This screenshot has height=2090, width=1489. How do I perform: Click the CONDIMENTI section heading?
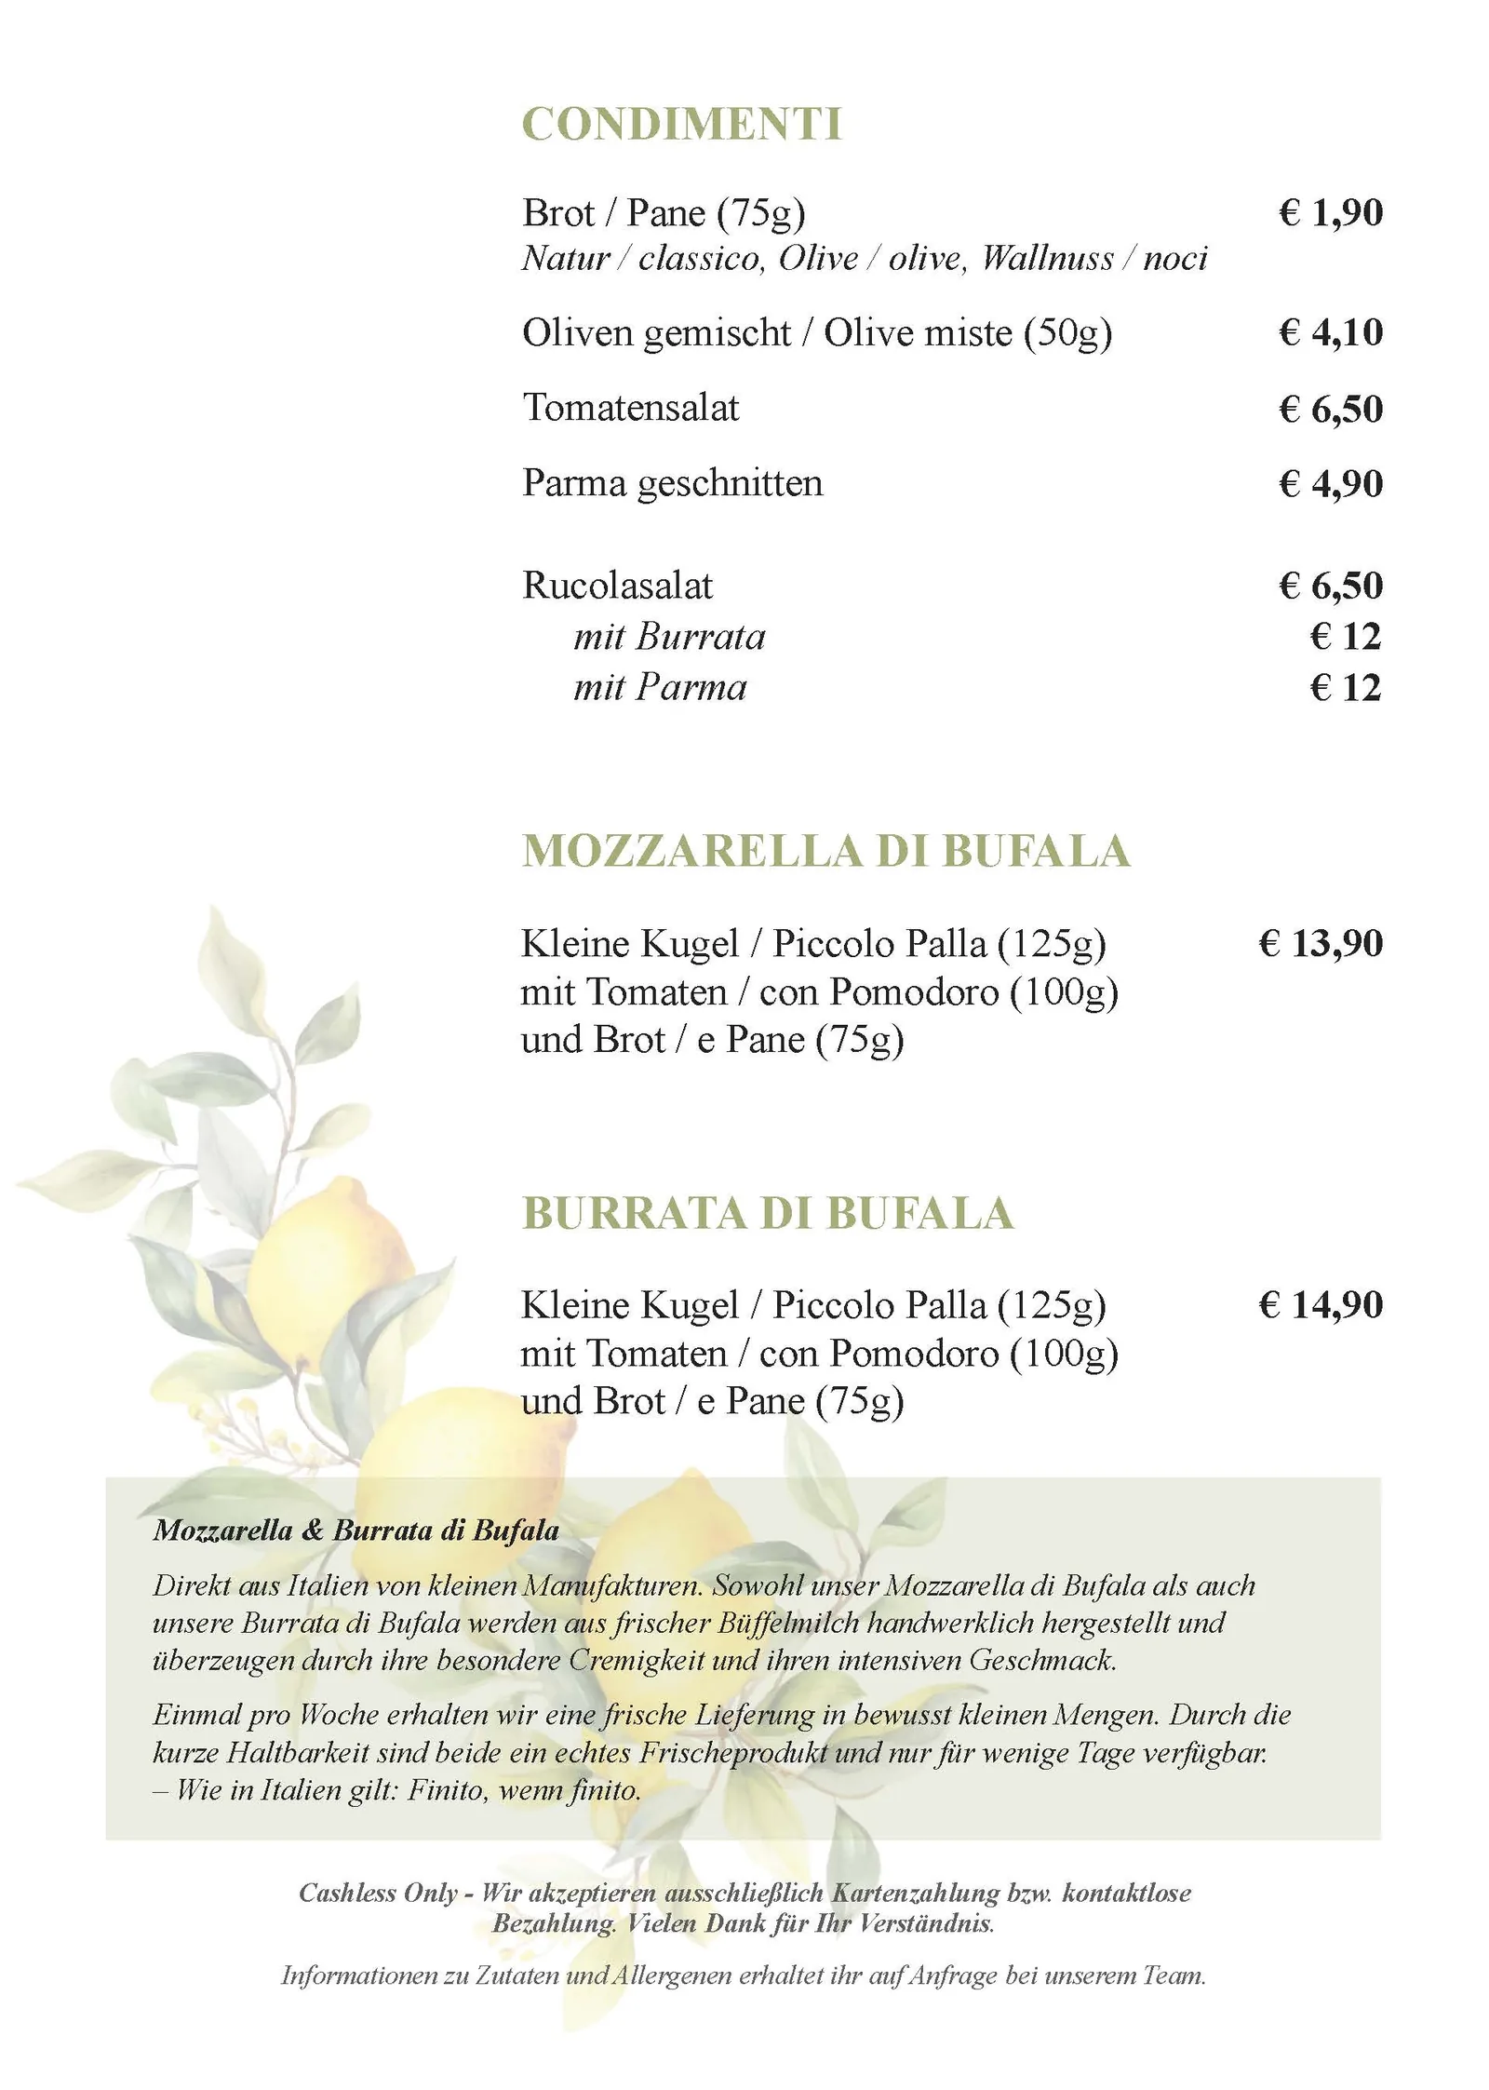(x=681, y=124)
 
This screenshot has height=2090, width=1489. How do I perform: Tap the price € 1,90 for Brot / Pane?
(x=1330, y=213)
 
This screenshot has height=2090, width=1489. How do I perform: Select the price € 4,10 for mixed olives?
(x=1330, y=332)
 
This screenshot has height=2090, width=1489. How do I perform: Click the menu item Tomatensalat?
(x=631, y=408)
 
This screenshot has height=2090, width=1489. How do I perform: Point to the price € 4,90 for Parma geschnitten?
(x=1330, y=483)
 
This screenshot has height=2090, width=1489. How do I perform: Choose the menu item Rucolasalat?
(x=617, y=586)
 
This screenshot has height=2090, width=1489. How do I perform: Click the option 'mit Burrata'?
(x=669, y=637)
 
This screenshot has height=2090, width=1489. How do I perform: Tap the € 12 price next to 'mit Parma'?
(x=1345, y=688)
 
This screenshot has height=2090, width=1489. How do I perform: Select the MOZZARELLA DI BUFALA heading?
(x=825, y=851)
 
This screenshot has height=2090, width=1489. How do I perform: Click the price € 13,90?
(x=1320, y=943)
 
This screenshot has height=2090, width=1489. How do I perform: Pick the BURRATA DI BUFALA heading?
(x=768, y=1213)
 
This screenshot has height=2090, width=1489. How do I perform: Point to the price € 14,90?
(x=1320, y=1304)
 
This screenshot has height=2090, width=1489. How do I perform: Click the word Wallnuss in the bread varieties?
(x=1047, y=258)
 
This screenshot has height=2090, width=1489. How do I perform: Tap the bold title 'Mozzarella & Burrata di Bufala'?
(x=356, y=1530)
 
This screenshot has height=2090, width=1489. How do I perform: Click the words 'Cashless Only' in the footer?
(x=378, y=1893)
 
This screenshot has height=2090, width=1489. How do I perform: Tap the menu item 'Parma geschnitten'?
(x=672, y=483)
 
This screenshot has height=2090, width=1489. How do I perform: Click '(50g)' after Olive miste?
(x=1067, y=333)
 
